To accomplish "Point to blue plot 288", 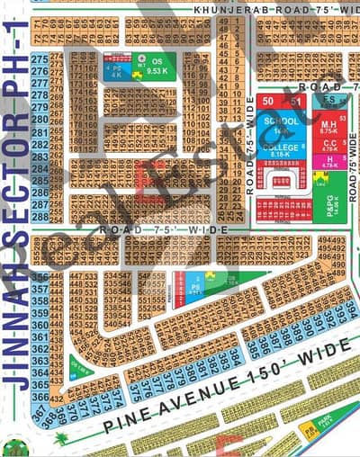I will pyautogui.click(x=39, y=217).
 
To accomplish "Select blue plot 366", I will pyautogui.click(x=40, y=397).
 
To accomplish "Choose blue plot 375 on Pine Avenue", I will pyautogui.click(x=134, y=392).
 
